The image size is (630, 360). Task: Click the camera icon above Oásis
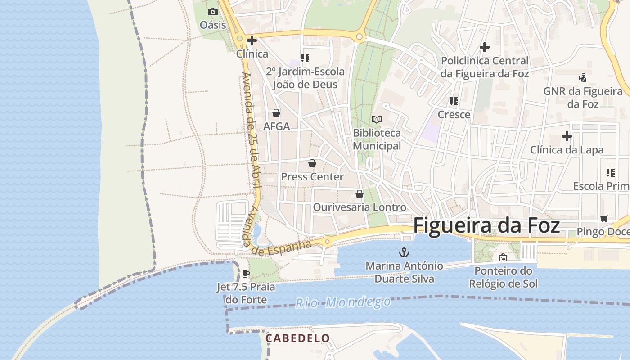pyautogui.click(x=213, y=12)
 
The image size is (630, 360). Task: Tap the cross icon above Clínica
pyautogui.click(x=252, y=40)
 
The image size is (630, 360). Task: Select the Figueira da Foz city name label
pyautogui.click(x=486, y=225)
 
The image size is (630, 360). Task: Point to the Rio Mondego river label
pyautogui.click(x=343, y=302)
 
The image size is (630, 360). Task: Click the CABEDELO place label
pyautogui.click(x=297, y=338)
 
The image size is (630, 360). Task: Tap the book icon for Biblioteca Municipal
pyautogui.click(x=377, y=119)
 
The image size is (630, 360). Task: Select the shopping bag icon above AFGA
pyautogui.click(x=276, y=113)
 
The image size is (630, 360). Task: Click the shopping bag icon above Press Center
pyautogui.click(x=312, y=163)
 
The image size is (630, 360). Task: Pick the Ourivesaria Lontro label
pyautogui.click(x=360, y=207)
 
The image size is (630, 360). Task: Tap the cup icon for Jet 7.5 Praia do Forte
pyautogui.click(x=246, y=274)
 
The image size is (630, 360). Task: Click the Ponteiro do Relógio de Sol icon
pyautogui.click(x=503, y=257)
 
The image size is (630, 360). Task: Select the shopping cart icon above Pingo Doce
pyautogui.click(x=604, y=218)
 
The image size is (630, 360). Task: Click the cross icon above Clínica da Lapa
pyautogui.click(x=567, y=136)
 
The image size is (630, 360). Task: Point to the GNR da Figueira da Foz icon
pyautogui.click(x=583, y=78)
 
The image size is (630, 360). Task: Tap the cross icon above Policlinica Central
pyautogui.click(x=485, y=47)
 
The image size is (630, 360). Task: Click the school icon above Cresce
pyautogui.click(x=454, y=101)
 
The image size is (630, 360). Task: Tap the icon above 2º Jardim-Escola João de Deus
pyautogui.click(x=305, y=58)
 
